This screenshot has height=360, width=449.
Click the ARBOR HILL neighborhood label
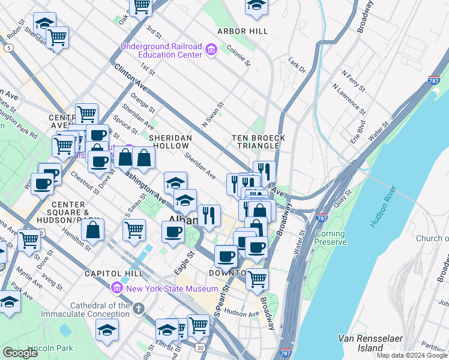243,31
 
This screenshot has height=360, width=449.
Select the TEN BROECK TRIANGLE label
259,142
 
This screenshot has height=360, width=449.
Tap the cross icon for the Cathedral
139,309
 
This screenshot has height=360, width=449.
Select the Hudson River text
382,211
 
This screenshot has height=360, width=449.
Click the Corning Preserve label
330,238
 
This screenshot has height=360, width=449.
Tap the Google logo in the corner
20,353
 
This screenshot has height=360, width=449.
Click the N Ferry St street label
354,81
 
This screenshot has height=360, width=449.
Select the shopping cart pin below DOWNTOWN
257,278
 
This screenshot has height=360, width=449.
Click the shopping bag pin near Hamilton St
93,229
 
